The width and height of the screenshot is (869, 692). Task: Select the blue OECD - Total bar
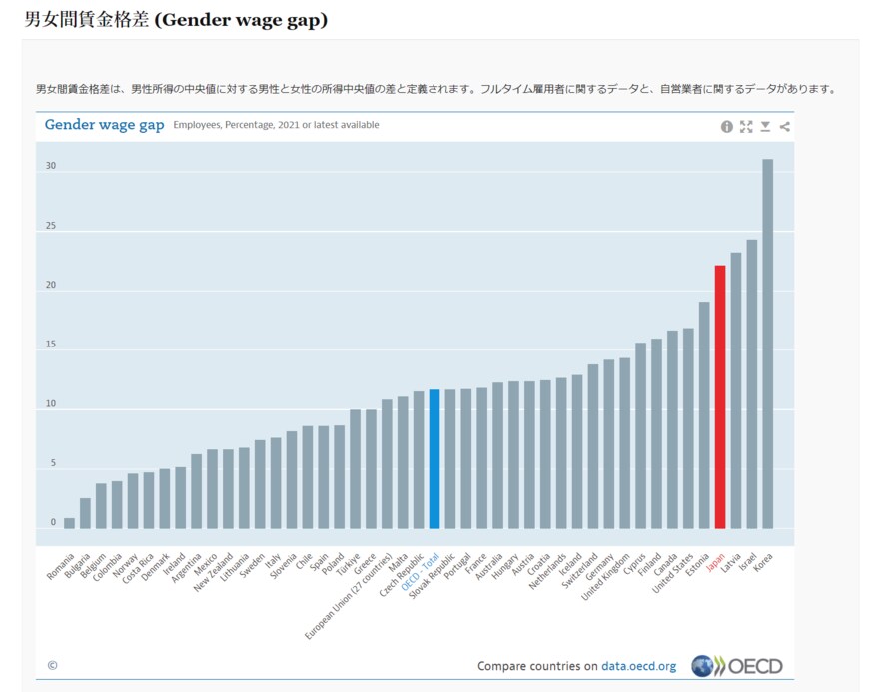(434, 458)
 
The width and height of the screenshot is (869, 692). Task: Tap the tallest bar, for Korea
(767, 344)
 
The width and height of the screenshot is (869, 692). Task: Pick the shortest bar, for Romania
(69, 522)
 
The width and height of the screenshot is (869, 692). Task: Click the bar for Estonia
(704, 414)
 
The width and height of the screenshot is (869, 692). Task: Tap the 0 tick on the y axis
(53, 522)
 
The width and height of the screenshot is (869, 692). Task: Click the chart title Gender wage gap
(104, 125)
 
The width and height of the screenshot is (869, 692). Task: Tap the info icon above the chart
(727, 127)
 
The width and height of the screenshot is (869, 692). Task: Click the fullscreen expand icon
(746, 127)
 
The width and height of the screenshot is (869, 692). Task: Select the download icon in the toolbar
(765, 127)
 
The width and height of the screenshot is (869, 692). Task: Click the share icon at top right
(784, 127)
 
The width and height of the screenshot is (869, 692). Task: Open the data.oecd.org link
(638, 666)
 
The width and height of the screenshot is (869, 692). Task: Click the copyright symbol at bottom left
(52, 665)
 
